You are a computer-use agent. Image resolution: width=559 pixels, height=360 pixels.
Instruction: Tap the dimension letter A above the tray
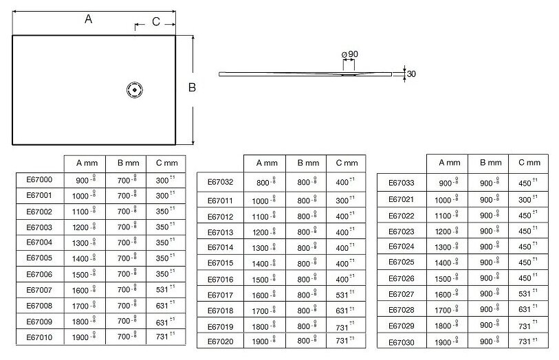(x=88, y=20)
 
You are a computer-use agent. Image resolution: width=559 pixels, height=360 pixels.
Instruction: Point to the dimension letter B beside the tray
(x=193, y=87)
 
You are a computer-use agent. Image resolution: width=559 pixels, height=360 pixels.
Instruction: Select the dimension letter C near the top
(x=156, y=22)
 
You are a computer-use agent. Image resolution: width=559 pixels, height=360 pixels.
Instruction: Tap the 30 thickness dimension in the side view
(x=411, y=74)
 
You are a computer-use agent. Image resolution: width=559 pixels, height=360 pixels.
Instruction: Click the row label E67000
(x=39, y=179)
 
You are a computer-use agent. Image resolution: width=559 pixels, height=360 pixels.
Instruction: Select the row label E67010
(x=39, y=337)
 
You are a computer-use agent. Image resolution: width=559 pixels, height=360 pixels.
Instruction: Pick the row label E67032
(x=221, y=183)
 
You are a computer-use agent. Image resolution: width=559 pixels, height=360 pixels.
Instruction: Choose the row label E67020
(x=221, y=341)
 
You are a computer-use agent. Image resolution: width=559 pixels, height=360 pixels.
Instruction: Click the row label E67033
(x=402, y=183)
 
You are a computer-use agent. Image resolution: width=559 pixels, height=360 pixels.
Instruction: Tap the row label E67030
(x=402, y=342)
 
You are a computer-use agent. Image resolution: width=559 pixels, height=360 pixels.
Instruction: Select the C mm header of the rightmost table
(x=529, y=163)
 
